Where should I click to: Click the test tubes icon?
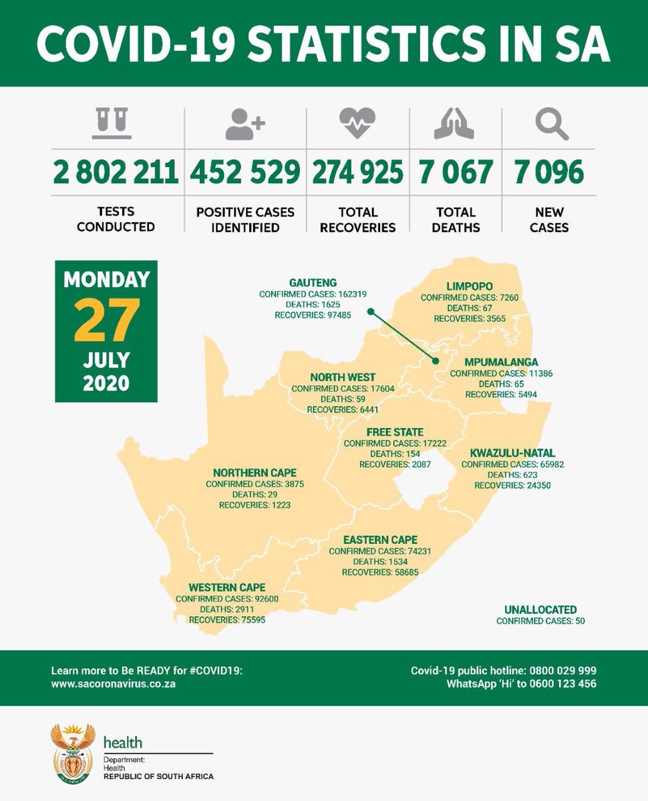[x=111, y=123]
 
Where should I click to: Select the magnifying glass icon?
[x=551, y=123]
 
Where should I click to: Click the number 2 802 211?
[x=116, y=172]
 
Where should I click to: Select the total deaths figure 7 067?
[x=457, y=172]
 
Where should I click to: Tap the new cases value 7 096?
[x=549, y=172]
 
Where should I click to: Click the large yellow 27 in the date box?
[x=107, y=319]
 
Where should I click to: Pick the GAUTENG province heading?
[x=313, y=282]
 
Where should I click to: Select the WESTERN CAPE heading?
[x=227, y=587]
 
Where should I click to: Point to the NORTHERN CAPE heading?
[x=255, y=473]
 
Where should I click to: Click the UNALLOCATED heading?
[x=540, y=609]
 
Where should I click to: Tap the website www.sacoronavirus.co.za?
[x=113, y=685]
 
